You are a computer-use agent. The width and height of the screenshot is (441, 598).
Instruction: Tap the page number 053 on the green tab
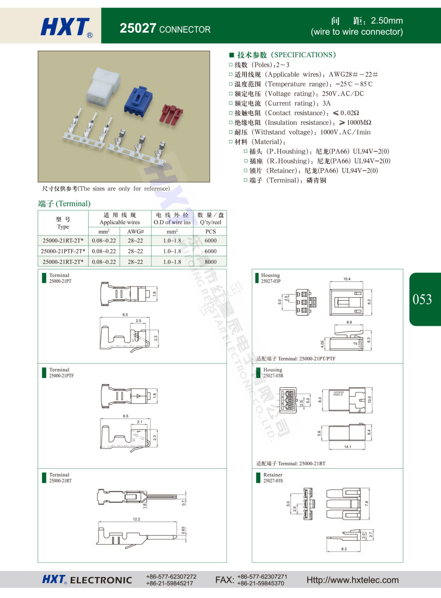tap(422, 299)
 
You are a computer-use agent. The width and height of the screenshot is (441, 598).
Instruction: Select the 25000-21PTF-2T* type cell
tap(63, 251)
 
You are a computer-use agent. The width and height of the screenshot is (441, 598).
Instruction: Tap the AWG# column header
tap(135, 231)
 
